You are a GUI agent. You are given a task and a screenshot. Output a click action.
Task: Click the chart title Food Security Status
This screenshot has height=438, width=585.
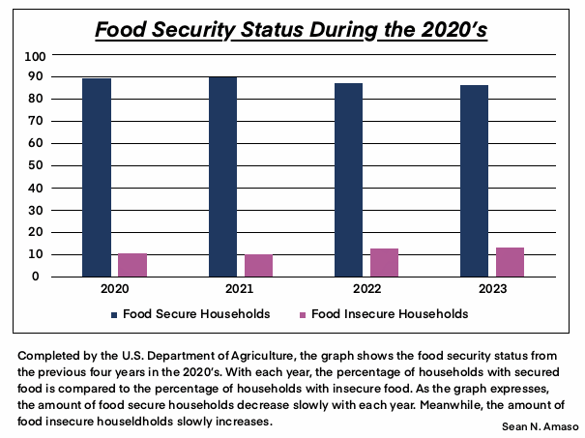click(x=291, y=28)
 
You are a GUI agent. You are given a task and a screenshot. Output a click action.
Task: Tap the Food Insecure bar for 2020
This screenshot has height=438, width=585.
click(x=132, y=265)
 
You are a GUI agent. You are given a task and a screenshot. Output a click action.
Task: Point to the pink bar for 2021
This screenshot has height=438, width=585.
click(x=258, y=266)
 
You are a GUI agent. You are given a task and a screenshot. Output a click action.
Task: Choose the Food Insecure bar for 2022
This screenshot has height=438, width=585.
click(x=385, y=262)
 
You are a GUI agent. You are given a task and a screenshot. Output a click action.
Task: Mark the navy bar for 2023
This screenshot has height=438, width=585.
click(x=475, y=181)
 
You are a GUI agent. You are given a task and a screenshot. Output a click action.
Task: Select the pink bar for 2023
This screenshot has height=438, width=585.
click(x=511, y=262)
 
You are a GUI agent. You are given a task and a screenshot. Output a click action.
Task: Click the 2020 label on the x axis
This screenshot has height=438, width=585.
click(x=114, y=289)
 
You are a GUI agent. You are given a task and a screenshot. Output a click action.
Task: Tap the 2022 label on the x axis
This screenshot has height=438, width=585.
click(x=366, y=289)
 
